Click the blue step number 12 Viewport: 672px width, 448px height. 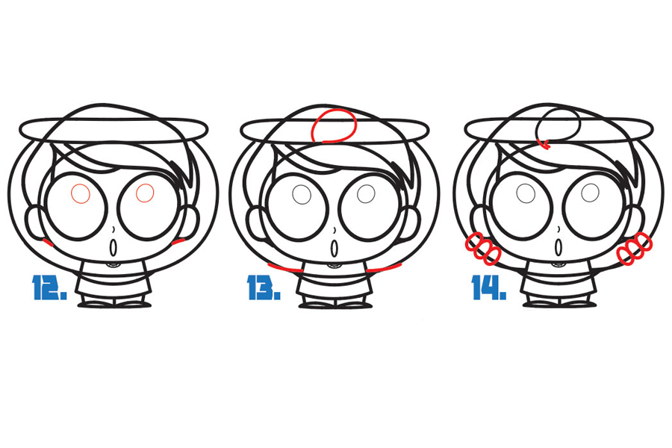(x=49, y=287)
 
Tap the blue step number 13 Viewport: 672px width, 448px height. (x=264, y=287)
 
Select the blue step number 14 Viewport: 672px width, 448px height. (x=489, y=287)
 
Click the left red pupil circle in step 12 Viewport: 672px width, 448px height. (x=80, y=193)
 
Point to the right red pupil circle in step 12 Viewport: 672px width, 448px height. (x=145, y=193)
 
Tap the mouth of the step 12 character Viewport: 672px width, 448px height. (x=113, y=247)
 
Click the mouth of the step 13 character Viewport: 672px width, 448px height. (x=335, y=248)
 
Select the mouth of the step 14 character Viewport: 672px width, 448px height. (x=559, y=247)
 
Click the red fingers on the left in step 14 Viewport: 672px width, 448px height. (x=483, y=248)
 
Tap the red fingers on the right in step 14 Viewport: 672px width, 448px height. (x=635, y=248)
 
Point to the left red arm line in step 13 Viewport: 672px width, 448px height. (x=285, y=268)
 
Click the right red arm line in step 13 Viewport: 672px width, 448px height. (x=384, y=268)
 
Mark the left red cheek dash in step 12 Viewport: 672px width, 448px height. (x=48, y=243)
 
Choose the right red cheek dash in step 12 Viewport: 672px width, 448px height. (x=178, y=242)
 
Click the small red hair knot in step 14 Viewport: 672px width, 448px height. (x=545, y=144)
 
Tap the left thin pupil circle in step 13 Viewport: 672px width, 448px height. (x=302, y=195)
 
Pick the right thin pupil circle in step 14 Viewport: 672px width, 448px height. (x=591, y=193)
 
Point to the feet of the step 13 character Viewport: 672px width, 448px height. (x=335, y=305)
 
